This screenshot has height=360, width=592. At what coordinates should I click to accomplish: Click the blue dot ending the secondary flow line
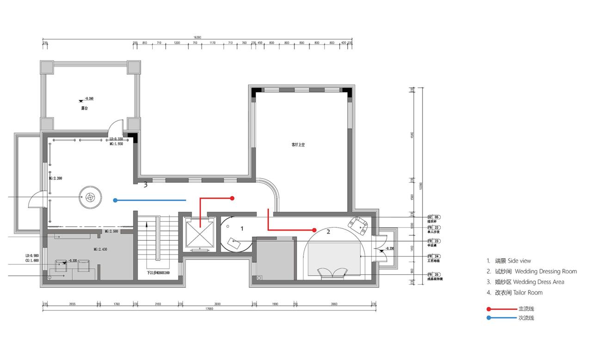(115, 200)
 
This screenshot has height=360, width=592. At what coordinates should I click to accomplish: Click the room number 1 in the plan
(242, 229)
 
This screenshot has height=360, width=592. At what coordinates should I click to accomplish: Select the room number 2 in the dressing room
(328, 232)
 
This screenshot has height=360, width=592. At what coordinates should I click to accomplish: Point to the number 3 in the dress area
(145, 185)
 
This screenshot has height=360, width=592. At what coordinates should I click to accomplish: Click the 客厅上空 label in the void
(298, 145)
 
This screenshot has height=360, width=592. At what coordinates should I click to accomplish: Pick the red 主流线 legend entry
(511, 309)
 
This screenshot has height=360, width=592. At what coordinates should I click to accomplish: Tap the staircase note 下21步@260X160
(159, 273)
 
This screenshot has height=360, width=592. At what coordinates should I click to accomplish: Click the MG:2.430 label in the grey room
(101, 249)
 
